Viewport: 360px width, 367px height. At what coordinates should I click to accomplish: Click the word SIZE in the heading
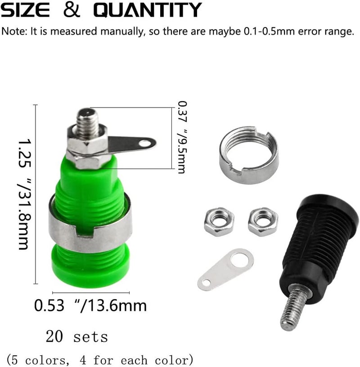pos(25,10)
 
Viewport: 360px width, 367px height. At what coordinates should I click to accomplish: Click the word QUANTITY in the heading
pos(148,10)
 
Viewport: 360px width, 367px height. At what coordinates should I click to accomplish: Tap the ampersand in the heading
pos(72,10)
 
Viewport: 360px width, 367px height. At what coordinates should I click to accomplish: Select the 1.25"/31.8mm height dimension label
pos(24,194)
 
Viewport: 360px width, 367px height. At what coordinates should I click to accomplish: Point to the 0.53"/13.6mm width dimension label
pos(90,306)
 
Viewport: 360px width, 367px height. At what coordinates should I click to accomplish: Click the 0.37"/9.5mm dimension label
pos(182,137)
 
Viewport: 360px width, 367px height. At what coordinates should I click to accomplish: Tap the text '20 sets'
pos(77,336)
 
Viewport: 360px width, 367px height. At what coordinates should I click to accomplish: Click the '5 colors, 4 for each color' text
pos(100,360)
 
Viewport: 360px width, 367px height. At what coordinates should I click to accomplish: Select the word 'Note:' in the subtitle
pos(14,31)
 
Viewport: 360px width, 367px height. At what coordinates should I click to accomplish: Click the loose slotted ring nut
pos(249,155)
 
